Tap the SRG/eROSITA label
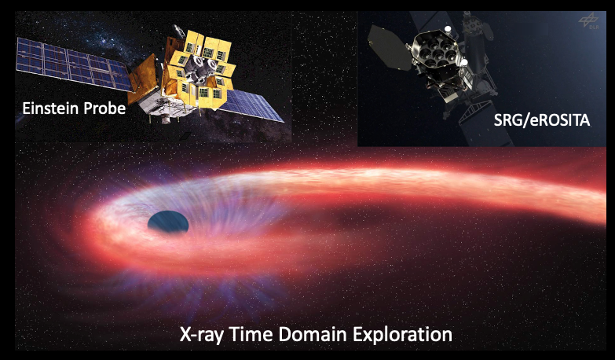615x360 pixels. (542, 120)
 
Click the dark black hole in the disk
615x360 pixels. (168, 222)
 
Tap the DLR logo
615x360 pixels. (589, 20)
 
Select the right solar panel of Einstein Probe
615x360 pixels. (251, 105)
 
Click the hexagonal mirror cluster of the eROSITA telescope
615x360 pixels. (436, 50)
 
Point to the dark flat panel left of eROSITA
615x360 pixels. (389, 48)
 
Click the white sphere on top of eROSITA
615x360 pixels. (448, 28)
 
